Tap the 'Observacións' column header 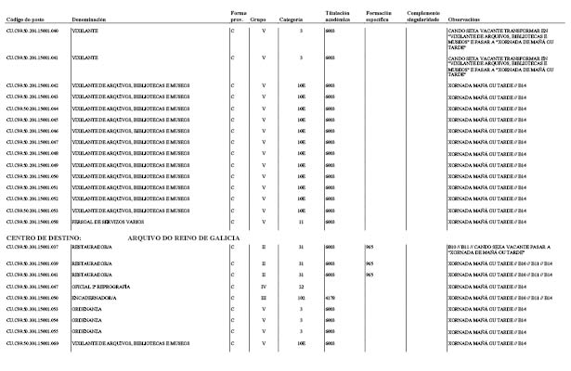[x=463, y=18]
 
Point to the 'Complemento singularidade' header [x=422, y=16]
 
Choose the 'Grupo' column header [x=264, y=18]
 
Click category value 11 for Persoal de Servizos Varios [x=301, y=223]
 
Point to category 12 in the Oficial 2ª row [x=301, y=287]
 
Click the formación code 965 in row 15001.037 [x=369, y=249]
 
